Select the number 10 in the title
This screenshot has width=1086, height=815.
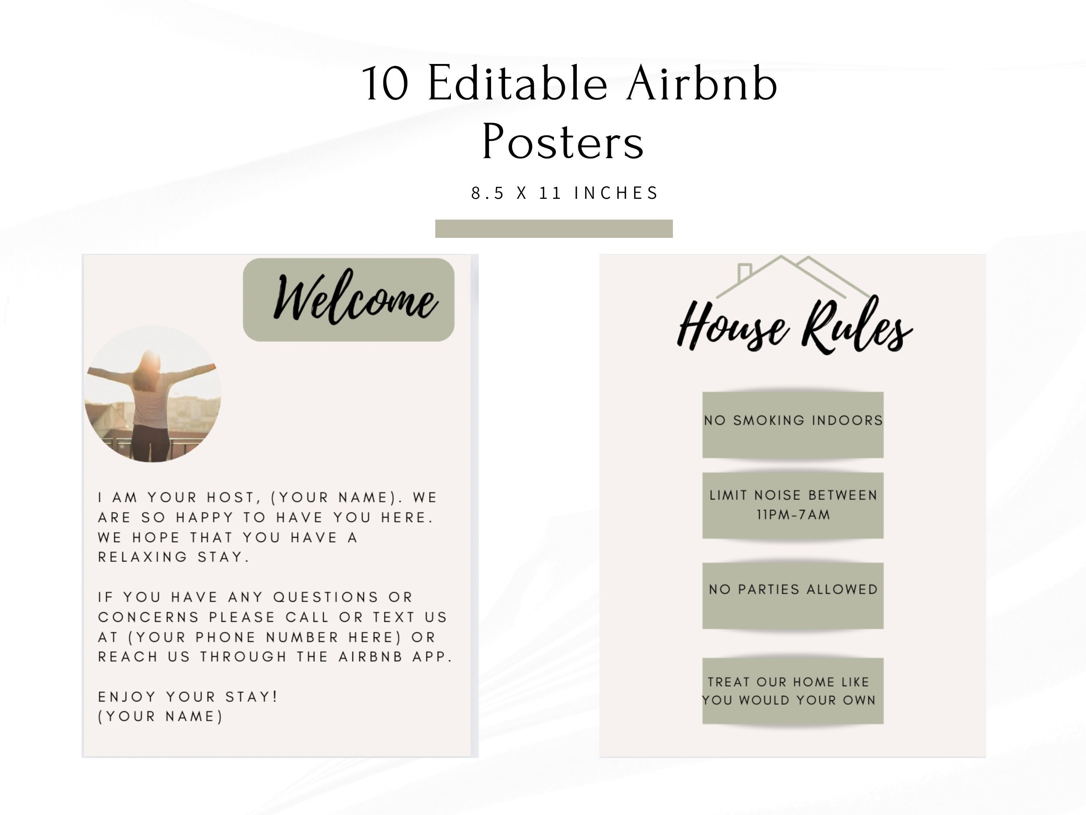[x=385, y=84]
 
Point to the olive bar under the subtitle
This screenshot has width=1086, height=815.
[x=554, y=229]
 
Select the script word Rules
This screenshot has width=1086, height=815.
[x=857, y=327]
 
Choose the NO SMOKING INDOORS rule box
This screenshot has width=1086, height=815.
[x=793, y=425]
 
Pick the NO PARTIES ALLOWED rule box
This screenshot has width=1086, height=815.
[x=793, y=595]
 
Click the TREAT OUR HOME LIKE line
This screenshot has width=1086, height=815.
[x=788, y=682]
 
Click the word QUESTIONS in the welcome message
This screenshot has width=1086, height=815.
[x=326, y=597]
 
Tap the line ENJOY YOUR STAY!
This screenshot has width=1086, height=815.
[x=188, y=697]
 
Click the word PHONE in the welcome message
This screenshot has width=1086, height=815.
[x=226, y=637]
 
